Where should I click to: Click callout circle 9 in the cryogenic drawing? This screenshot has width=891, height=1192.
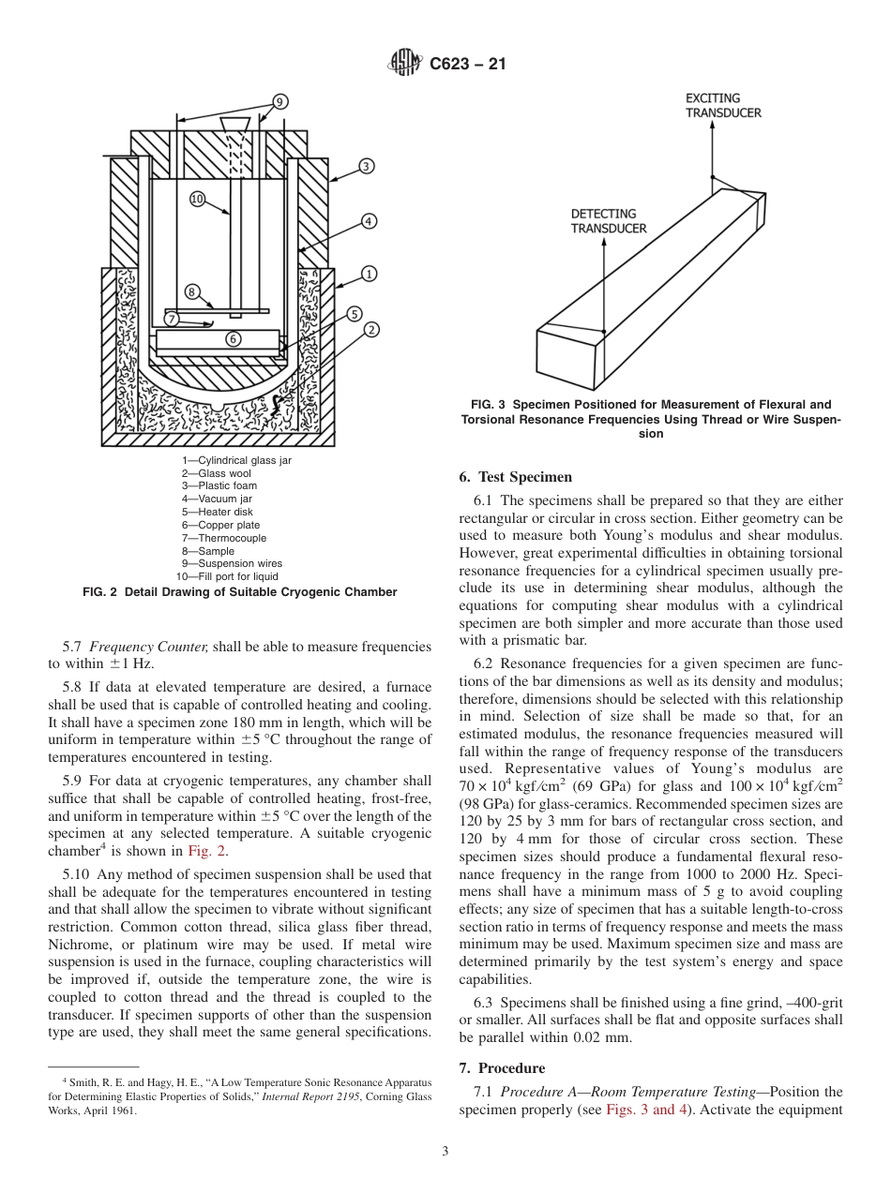[280, 102]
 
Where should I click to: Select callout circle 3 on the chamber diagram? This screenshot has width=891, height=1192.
[366, 166]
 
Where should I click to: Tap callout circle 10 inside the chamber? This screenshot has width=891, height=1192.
[198, 199]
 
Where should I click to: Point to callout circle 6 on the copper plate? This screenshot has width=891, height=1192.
[233, 339]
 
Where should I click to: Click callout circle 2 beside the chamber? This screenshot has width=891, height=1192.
[371, 329]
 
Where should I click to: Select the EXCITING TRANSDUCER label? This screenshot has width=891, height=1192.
[723, 105]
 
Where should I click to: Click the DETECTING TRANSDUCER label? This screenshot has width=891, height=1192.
[609, 220]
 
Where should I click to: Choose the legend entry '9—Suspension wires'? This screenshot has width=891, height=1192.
[231, 563]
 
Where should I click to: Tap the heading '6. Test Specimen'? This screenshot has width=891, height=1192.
[515, 477]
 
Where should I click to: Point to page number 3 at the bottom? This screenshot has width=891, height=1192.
[445, 1151]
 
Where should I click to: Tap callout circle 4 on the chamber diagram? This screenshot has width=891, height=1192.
[369, 221]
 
